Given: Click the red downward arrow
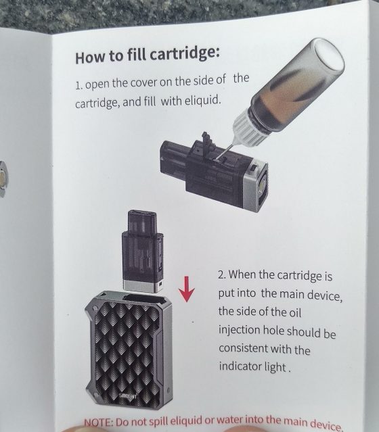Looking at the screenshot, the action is (187, 289).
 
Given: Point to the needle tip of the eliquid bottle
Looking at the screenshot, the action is (217, 160).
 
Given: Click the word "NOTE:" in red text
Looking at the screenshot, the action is (98, 423).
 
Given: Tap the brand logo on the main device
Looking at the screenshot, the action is (128, 396).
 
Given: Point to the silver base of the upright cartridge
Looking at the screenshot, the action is (143, 286).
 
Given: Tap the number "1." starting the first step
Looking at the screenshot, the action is (79, 85).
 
